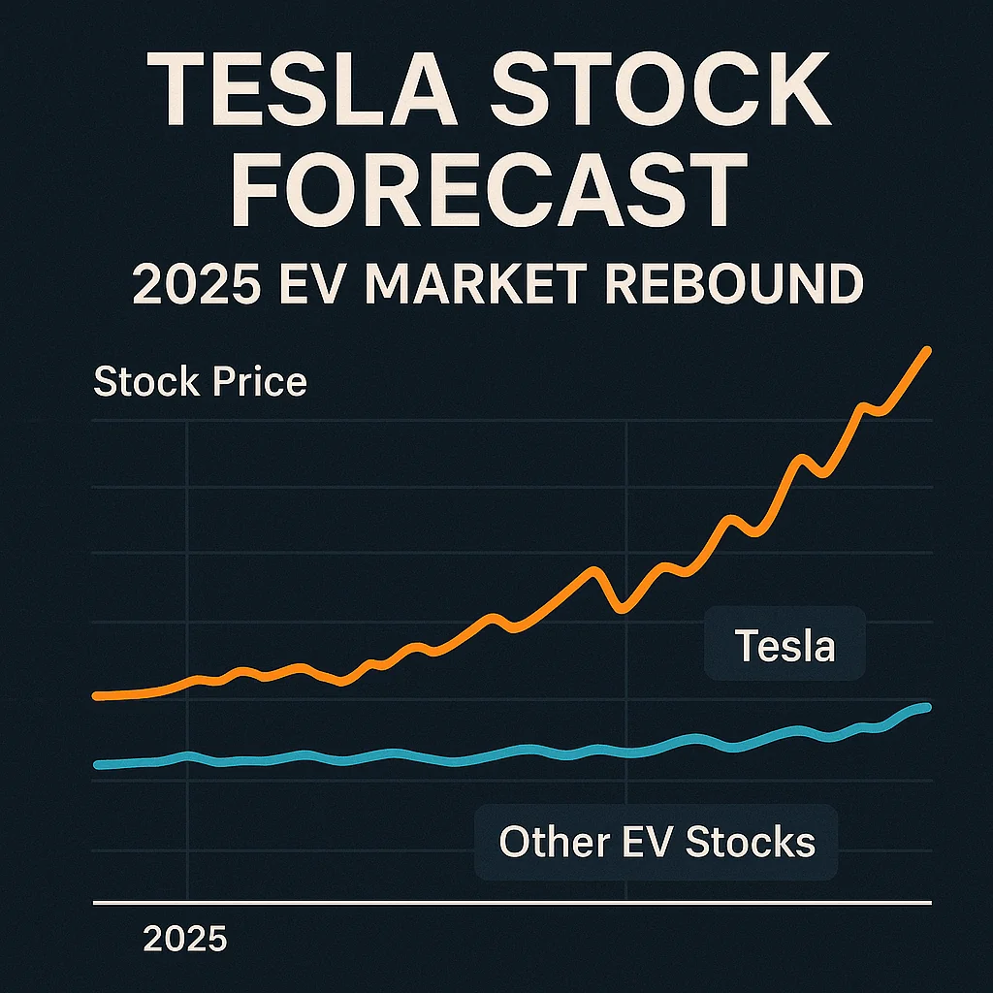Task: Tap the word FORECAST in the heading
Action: pyautogui.click(x=494, y=195)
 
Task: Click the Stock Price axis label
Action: pyautogui.click(x=200, y=382)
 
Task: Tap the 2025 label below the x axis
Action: pyautogui.click(x=184, y=939)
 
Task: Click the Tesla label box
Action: pyautogui.click(x=785, y=645)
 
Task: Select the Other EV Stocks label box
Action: pyautogui.click(x=656, y=842)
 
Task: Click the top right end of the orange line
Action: pyautogui.click(x=927, y=351)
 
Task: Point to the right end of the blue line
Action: pyautogui.click(x=927, y=707)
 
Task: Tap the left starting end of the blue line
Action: pyautogui.click(x=97, y=765)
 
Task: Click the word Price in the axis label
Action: pyautogui.click(x=259, y=382)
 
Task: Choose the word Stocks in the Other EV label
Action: pyautogui.click(x=751, y=842)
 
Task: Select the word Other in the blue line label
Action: pyautogui.click(x=545, y=842)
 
